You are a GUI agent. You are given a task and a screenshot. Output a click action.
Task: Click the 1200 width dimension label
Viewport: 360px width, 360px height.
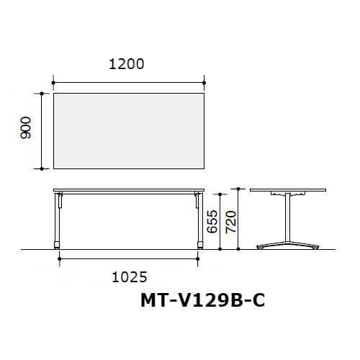127,64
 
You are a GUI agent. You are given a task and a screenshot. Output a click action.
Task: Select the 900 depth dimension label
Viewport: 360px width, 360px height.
26,127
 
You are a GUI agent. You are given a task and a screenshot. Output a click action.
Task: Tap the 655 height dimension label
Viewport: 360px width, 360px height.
212,222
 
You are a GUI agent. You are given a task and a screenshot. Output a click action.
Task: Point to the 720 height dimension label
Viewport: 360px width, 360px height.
231,222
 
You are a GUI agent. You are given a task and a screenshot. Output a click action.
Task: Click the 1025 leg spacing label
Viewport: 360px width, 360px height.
130,277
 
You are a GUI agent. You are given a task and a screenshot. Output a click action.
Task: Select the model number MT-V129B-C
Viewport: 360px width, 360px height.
203,300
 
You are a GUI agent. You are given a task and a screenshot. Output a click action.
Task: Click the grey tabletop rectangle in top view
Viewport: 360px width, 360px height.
129,131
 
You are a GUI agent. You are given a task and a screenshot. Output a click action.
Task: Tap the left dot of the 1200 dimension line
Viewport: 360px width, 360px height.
53,83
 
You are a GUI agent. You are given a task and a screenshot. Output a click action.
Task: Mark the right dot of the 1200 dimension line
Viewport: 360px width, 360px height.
204,83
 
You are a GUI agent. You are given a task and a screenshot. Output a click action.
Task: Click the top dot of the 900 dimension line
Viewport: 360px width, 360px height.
42,94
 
